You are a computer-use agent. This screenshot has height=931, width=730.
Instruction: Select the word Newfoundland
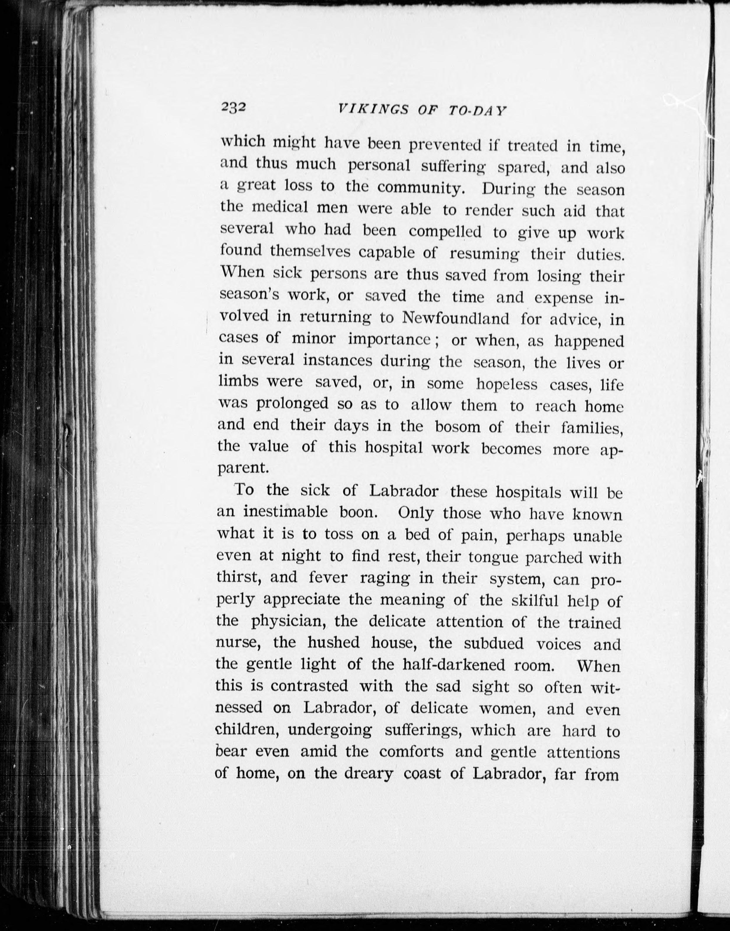coord(456,318)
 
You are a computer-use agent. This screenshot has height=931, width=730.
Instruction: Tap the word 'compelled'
coord(445,232)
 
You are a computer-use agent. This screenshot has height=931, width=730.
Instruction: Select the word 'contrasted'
coord(309,686)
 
